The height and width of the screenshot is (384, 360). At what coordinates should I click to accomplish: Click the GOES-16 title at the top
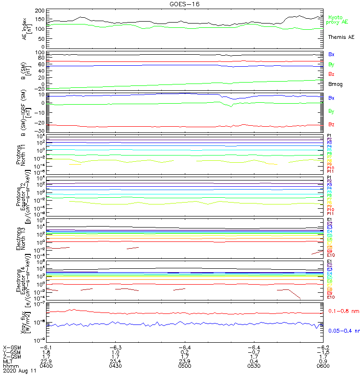(185, 4)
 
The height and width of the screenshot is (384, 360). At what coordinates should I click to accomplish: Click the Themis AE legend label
(341, 37)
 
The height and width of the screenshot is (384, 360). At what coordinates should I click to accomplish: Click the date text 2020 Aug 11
(20, 371)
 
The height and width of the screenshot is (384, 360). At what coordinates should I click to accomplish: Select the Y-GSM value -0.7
(253, 352)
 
